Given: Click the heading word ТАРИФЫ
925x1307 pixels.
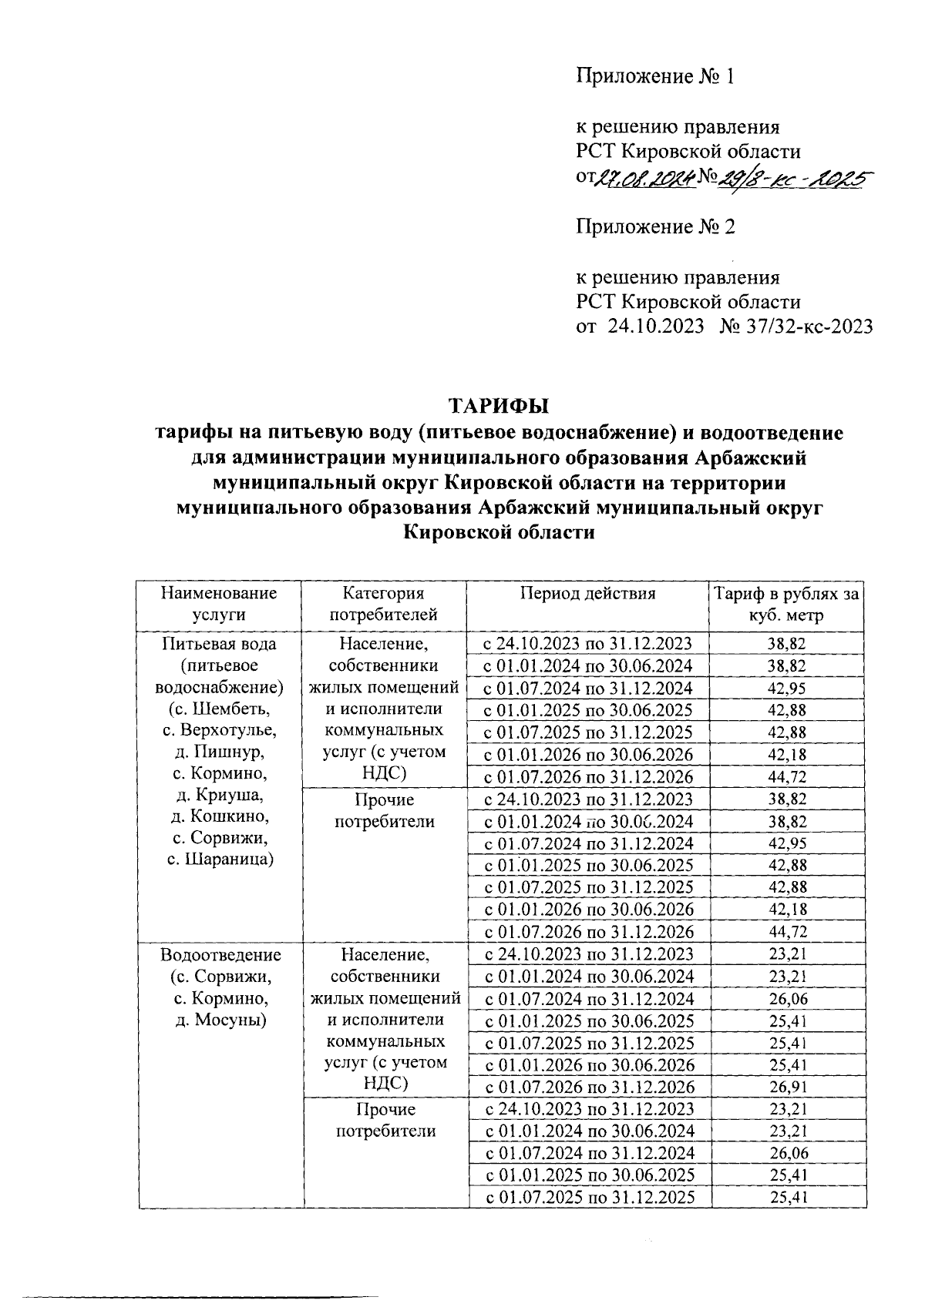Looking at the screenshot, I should pos(499,406).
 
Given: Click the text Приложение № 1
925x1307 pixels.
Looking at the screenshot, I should pos(655,76).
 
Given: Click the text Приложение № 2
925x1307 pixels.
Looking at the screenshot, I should pos(655,226).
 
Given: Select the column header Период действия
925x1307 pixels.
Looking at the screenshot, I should pos(587,593).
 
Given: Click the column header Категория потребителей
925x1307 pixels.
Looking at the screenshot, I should pos(384,604).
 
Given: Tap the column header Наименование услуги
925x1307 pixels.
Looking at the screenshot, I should pos(219,604).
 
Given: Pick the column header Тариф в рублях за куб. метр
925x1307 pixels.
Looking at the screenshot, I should pos(785,604).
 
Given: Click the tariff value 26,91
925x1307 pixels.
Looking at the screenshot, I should pos(788,1087).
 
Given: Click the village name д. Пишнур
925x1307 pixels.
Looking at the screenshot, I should pos(219,751).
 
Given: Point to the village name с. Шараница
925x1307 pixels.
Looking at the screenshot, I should pos(219,859).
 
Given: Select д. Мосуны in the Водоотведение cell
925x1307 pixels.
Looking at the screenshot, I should pos(219,1020).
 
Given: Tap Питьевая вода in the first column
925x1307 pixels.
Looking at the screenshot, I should pos(219,643).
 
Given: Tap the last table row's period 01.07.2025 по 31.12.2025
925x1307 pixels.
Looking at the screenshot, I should pos(589,1197).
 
